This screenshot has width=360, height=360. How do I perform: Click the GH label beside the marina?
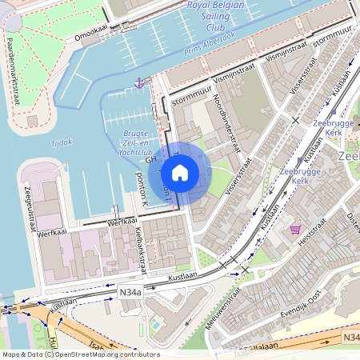151,161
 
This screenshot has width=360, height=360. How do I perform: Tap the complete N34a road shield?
130,294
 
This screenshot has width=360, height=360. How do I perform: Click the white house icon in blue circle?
180,173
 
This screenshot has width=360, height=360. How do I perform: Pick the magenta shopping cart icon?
295,229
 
